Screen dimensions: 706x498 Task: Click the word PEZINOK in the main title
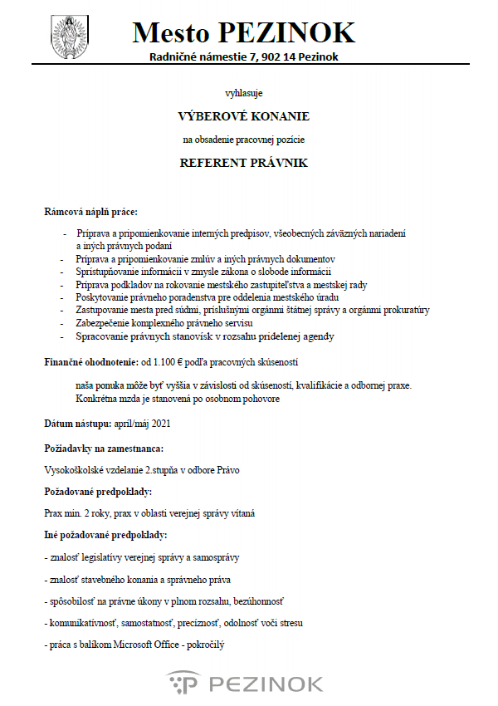(x=287, y=32)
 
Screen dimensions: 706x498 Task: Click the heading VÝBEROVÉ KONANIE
(x=243, y=116)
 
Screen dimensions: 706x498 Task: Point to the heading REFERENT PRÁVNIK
(x=243, y=163)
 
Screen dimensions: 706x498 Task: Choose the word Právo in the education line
(x=227, y=469)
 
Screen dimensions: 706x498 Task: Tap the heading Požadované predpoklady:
(x=98, y=492)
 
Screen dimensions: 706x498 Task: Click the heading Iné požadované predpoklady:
(x=105, y=535)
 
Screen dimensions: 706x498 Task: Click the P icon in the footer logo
(x=185, y=683)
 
